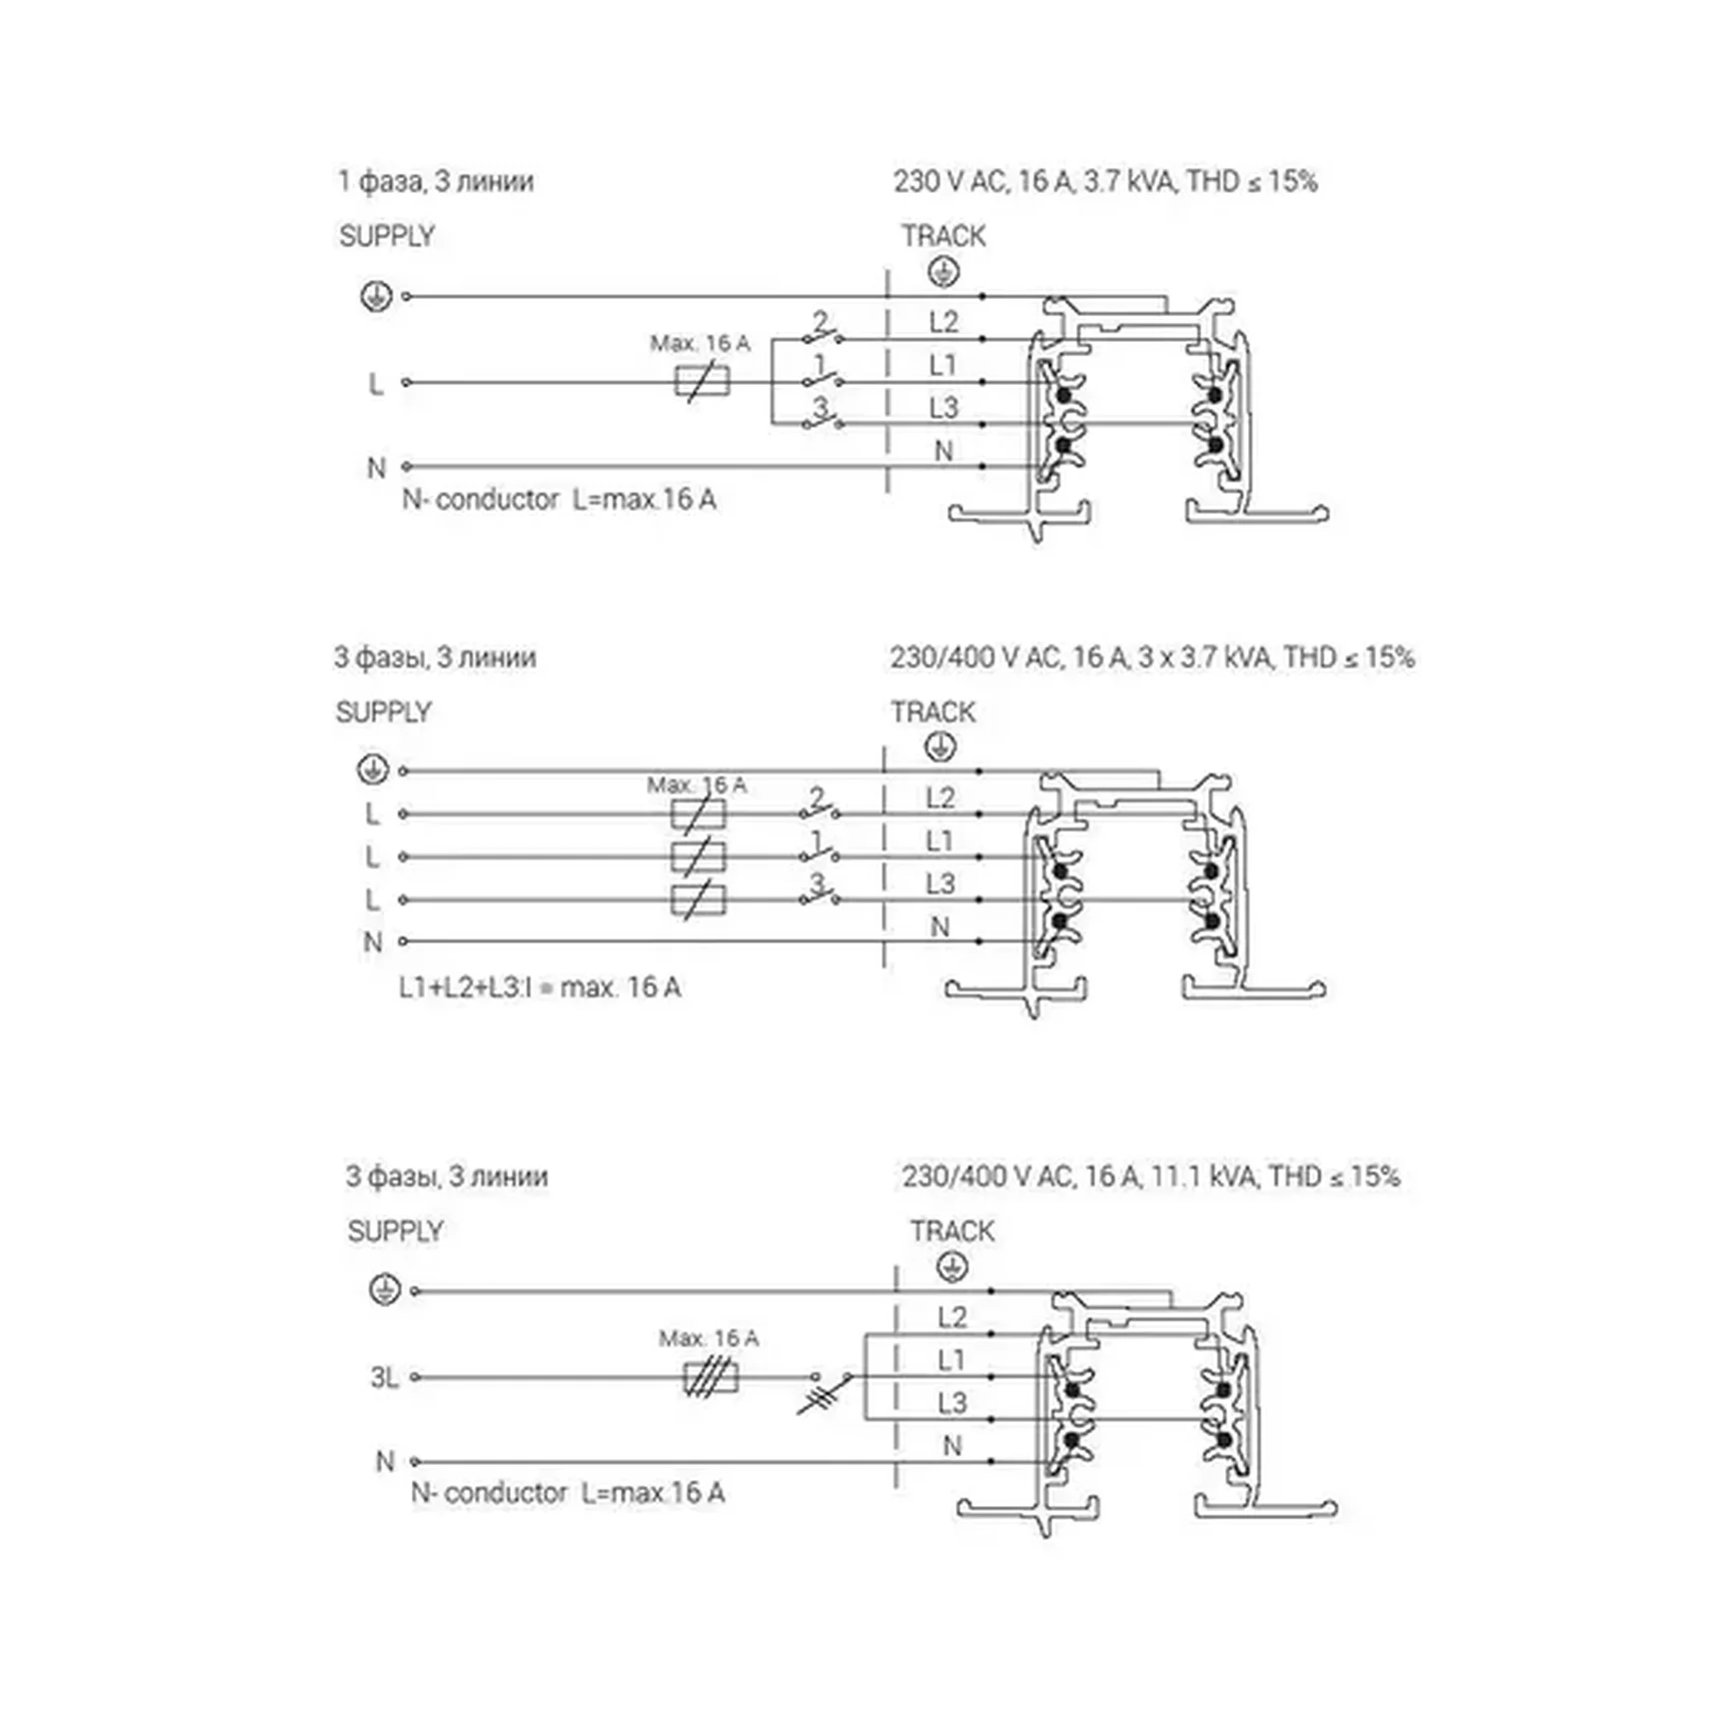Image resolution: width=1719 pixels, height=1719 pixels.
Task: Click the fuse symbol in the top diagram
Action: click(702, 381)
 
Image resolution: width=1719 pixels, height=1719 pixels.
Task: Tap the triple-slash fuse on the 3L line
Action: click(711, 1377)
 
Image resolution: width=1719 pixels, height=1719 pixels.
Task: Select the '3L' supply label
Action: click(384, 1377)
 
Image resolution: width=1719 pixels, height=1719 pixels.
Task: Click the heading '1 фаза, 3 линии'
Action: click(436, 181)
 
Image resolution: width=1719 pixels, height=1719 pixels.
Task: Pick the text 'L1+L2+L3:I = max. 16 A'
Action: click(540, 987)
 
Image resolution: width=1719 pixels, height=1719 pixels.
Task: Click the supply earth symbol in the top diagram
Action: click(376, 296)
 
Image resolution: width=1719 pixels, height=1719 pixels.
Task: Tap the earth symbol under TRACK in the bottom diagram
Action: click(952, 1267)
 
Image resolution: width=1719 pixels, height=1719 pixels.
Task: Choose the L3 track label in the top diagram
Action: click(942, 408)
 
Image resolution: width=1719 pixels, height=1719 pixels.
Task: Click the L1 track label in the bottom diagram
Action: click(950, 1360)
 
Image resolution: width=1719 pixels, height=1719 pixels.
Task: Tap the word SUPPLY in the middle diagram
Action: click(383, 713)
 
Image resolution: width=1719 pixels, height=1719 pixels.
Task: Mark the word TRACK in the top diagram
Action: click(942, 236)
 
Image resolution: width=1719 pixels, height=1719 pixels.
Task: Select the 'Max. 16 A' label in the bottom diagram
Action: click(709, 1338)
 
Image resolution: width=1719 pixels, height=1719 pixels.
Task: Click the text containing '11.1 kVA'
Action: click(1150, 1176)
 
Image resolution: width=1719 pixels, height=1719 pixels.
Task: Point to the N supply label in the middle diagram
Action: click(373, 941)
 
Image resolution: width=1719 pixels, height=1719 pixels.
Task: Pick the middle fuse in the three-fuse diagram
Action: click(699, 857)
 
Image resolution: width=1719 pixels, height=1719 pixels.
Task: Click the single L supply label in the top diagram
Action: click(376, 383)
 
